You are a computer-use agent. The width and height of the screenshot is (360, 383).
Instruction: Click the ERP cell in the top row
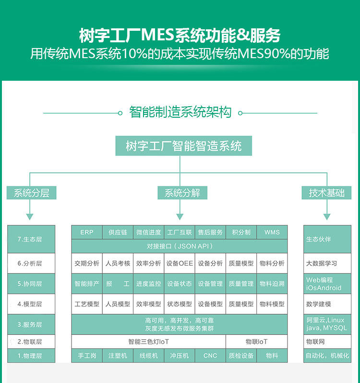tap(87, 232)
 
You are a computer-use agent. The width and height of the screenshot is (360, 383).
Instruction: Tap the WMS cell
tap(272, 232)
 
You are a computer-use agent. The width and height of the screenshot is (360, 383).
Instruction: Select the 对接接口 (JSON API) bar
tap(180, 246)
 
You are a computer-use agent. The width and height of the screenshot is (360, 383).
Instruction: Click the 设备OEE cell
tap(180, 263)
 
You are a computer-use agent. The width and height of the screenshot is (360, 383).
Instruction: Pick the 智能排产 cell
tap(87, 284)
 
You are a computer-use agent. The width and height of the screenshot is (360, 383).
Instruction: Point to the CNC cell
tap(210, 356)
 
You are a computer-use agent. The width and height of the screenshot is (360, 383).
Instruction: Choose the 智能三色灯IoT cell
tap(148, 342)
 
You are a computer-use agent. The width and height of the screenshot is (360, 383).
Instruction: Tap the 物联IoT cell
tap(256, 342)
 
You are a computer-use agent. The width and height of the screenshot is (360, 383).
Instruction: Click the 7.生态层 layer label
tap(31, 239)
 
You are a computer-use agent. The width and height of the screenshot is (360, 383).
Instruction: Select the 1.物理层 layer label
tap(31, 356)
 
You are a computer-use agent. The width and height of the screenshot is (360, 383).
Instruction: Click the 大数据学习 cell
tap(327, 263)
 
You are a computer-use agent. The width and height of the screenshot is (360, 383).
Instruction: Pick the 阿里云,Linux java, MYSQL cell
tap(327, 324)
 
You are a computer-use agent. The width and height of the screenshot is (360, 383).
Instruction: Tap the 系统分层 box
tap(31, 193)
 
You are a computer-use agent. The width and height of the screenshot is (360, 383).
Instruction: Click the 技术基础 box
tap(327, 193)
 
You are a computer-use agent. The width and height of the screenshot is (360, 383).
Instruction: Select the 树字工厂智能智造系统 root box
tap(183, 146)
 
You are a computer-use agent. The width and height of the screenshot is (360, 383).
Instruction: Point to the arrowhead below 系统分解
tap(180, 216)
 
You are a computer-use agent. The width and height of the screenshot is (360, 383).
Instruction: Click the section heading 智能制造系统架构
tap(180, 112)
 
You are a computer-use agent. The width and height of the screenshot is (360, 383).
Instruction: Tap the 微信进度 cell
tap(148, 232)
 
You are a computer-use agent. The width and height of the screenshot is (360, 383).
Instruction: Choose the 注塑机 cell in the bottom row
tap(118, 356)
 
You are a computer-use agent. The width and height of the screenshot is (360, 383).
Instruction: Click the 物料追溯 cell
tap(272, 284)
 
